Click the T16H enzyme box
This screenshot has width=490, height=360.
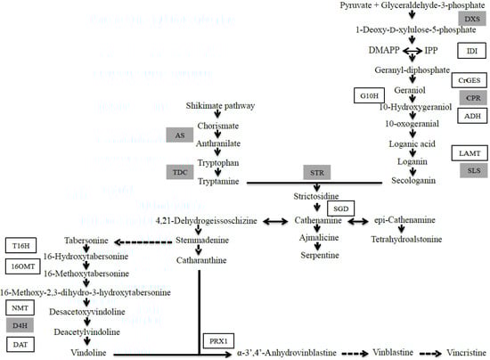20,245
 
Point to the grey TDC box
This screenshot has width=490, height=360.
179,171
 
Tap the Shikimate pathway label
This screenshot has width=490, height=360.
216,105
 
